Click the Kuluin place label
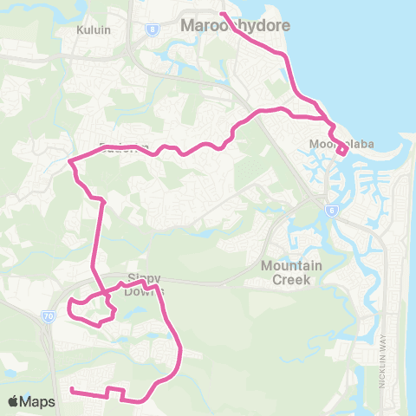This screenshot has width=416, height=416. click(x=89, y=28)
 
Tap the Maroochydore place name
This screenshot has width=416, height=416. click(x=223, y=27)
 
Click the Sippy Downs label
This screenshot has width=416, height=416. click(x=145, y=284)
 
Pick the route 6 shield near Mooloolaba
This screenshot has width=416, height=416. click(x=331, y=210)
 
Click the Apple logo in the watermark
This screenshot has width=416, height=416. click(x=15, y=401)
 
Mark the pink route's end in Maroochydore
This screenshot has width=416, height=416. click(x=222, y=14)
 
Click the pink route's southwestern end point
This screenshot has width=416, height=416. click(x=71, y=391)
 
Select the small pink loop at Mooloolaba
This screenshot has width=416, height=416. click(x=342, y=151)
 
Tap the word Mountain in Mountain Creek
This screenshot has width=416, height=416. click(x=292, y=265)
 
